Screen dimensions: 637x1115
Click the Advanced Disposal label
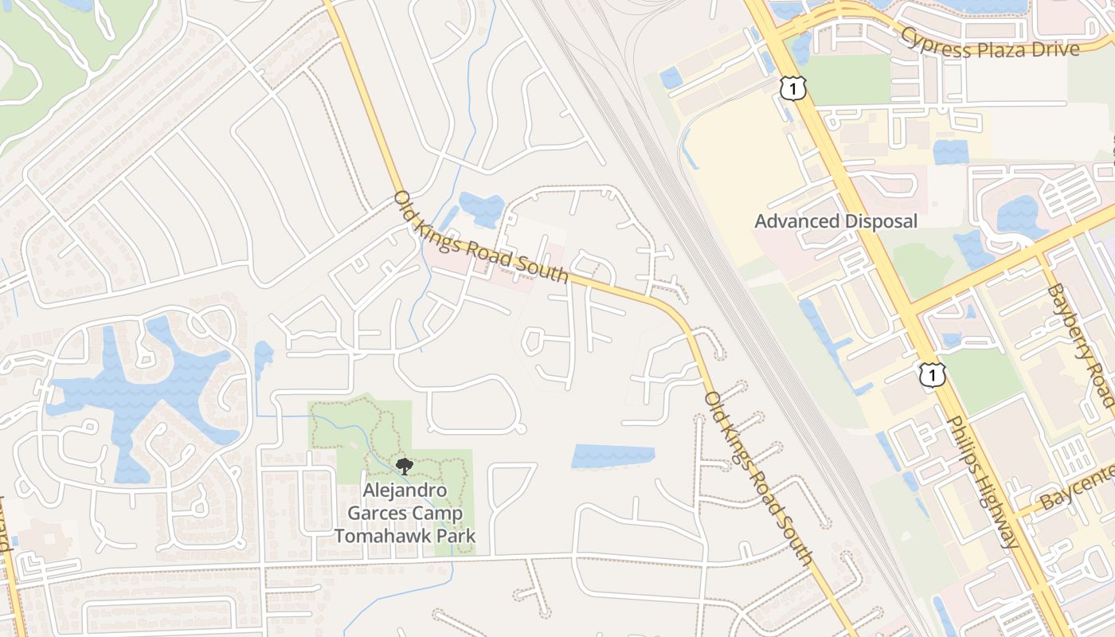pos(835,221)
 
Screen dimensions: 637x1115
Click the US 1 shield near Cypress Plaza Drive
pos(793,88)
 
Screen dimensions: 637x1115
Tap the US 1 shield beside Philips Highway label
pos(931,374)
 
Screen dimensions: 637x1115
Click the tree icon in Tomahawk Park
pos(404,467)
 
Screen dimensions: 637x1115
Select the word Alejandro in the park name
pos(405,490)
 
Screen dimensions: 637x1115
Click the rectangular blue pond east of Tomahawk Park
pos(612,456)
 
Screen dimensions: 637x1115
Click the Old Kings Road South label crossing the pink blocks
pos(481,236)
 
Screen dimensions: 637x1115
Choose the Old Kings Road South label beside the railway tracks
pos(759,479)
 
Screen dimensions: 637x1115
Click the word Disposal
pos(881,221)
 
